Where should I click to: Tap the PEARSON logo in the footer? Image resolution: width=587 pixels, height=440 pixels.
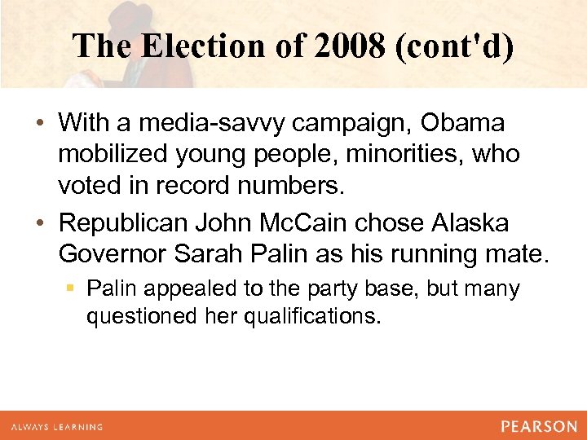[x=538, y=425]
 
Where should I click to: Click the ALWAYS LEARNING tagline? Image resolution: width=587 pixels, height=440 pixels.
[x=57, y=426]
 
